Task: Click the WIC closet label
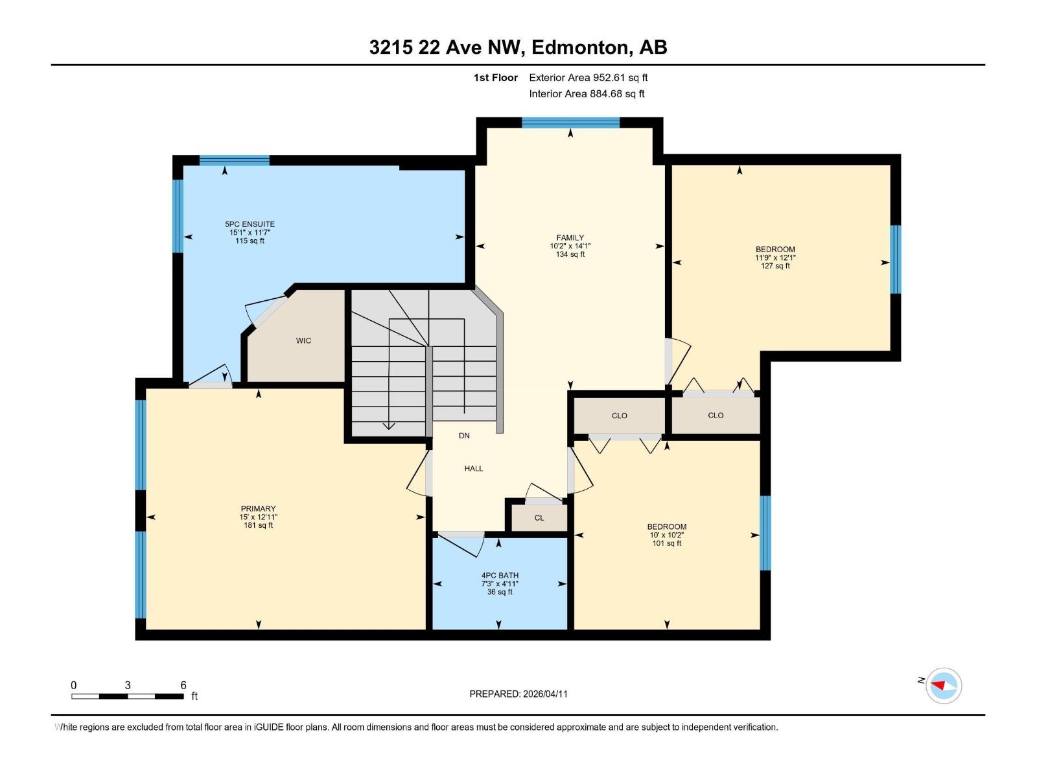[303, 340]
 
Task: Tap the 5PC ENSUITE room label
[250, 224]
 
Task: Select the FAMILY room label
[570, 238]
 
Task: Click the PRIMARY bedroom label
[258, 509]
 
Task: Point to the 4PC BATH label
[500, 576]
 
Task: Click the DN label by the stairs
[464, 436]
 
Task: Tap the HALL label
[474, 468]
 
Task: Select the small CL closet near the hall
[539, 518]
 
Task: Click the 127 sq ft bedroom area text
[775, 266]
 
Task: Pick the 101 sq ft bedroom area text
[666, 543]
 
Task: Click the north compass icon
[943, 685]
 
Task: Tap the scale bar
[128, 696]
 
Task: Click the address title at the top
[518, 47]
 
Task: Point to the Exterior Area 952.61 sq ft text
[588, 78]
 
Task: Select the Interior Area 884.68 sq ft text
[587, 93]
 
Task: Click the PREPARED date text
[518, 694]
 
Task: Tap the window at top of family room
[570, 123]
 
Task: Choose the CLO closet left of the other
[619, 416]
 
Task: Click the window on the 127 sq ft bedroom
[896, 259]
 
